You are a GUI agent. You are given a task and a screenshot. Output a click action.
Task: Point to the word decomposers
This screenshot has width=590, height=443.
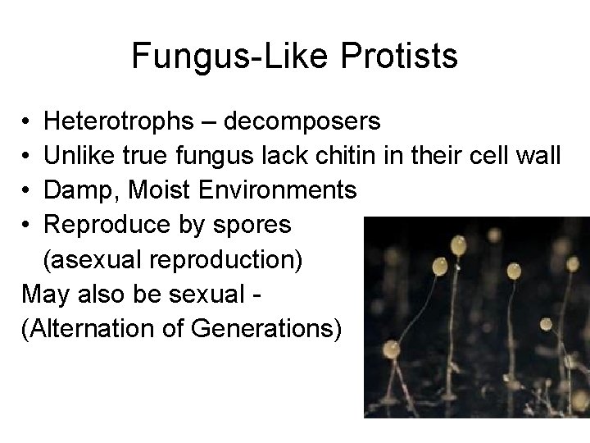pyautogui.click(x=302, y=122)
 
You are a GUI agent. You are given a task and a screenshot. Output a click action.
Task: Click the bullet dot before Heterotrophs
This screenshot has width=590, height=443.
pyautogui.click(x=28, y=123)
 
